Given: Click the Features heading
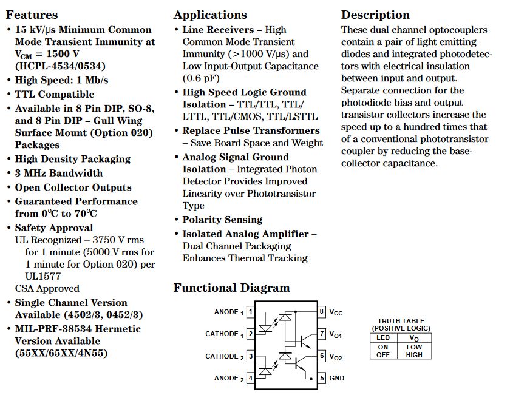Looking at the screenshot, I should tap(32, 15).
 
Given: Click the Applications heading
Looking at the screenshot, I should tap(210, 15).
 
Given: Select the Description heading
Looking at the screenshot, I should tap(375, 15).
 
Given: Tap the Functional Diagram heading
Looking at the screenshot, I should tap(231, 288).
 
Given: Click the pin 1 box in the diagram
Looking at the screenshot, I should tap(250, 312).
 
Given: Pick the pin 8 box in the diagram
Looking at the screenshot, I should tap(322, 312).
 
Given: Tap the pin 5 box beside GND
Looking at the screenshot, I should tap(322, 378).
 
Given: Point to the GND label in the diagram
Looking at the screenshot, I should tap(337, 378).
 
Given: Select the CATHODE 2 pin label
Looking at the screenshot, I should tap(222, 356).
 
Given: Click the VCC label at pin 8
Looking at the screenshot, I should tap(336, 312).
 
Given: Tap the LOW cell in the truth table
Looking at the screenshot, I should tap(414, 346).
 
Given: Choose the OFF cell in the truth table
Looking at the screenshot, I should tap(383, 354).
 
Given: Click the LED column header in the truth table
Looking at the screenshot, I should tap(383, 337).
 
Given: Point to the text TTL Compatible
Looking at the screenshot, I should tap(55, 94).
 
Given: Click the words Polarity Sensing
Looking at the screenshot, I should tap(222, 220).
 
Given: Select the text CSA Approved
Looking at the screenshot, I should tap(47, 288).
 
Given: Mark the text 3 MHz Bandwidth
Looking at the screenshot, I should tap(59, 173).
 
